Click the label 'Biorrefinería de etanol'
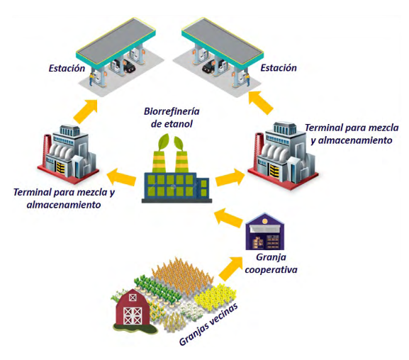point(172,118)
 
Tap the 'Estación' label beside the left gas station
point(67,68)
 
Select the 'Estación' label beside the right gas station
point(279,68)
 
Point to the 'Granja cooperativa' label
point(271,263)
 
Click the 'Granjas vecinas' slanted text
point(208,325)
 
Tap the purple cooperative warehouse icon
point(265,232)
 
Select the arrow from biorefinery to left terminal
point(121,177)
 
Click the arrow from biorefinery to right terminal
point(230,177)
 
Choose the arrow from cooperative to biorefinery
point(228,218)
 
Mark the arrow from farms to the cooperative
point(231,267)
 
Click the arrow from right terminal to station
point(261,102)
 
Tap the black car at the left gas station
point(128,66)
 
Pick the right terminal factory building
point(283,156)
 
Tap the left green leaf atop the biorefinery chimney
point(163,142)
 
